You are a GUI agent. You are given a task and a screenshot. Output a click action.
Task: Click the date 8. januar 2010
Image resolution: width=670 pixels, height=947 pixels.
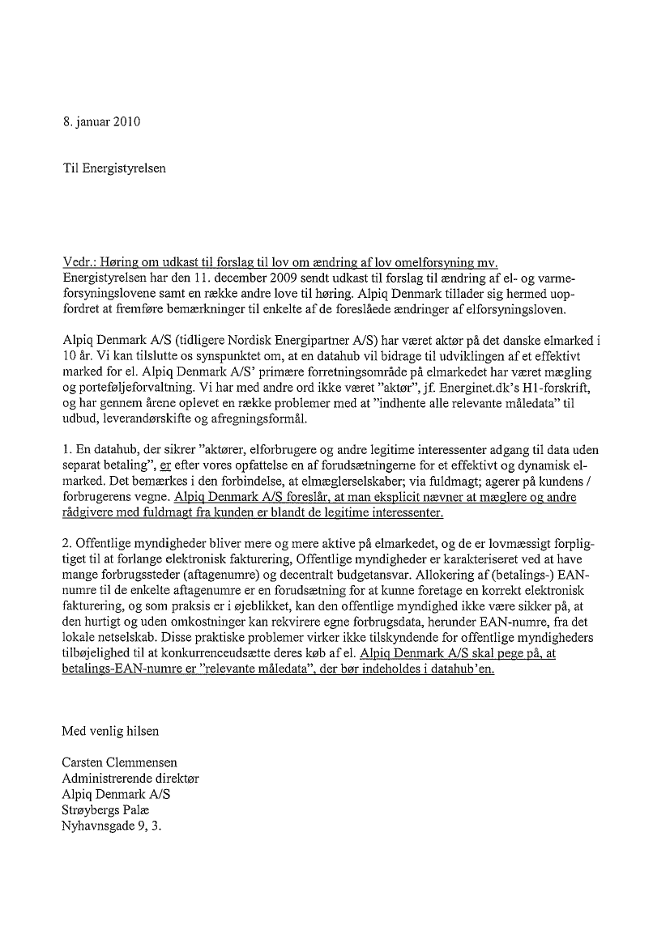[101, 122]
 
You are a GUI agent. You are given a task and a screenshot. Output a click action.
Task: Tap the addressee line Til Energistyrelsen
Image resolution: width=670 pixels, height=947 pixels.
[117, 168]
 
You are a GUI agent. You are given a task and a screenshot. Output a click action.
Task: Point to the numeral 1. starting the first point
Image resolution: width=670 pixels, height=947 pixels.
[67, 448]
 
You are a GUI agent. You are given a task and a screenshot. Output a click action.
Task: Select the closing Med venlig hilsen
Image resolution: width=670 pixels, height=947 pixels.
[110, 731]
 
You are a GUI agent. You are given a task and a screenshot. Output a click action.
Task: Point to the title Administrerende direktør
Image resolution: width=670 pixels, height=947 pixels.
[130, 778]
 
